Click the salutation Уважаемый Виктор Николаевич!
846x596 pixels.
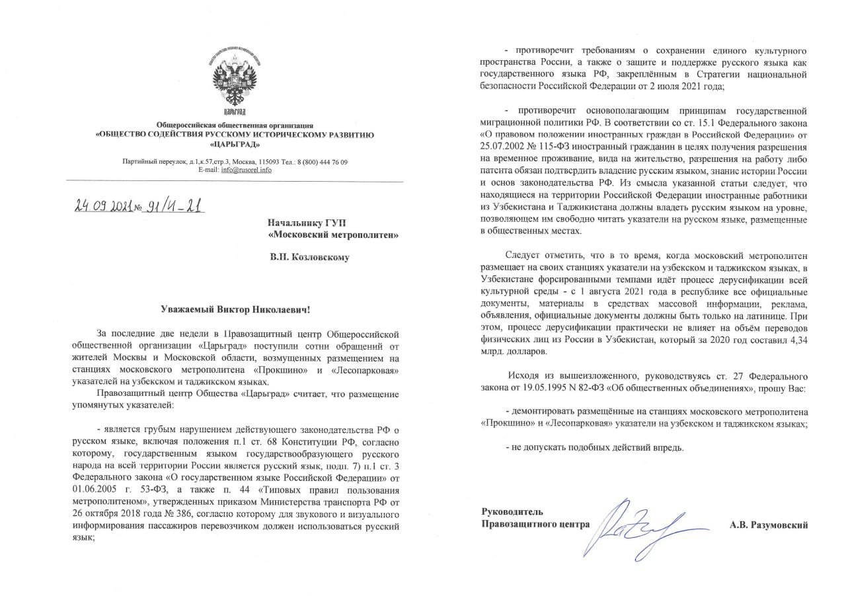235,309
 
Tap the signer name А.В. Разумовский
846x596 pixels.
769,525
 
